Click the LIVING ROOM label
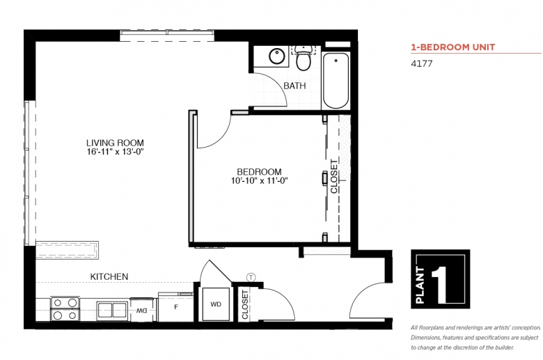click(x=115, y=143)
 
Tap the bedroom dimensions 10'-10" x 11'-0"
click(x=260, y=180)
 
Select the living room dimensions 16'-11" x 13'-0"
click(x=115, y=152)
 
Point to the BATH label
click(x=294, y=86)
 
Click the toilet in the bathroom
click(x=304, y=58)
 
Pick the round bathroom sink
click(x=277, y=56)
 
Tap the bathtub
click(x=336, y=80)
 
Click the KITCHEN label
click(x=109, y=276)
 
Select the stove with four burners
click(x=65, y=309)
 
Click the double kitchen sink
click(x=112, y=310)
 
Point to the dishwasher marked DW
click(x=142, y=311)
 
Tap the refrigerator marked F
click(x=176, y=307)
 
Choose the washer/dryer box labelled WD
click(x=216, y=304)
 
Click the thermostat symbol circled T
click(x=251, y=278)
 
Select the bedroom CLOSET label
click(x=334, y=176)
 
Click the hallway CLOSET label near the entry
click(x=245, y=304)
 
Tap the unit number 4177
click(x=421, y=63)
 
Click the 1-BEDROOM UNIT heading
click(x=453, y=47)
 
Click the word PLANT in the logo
click(x=420, y=285)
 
